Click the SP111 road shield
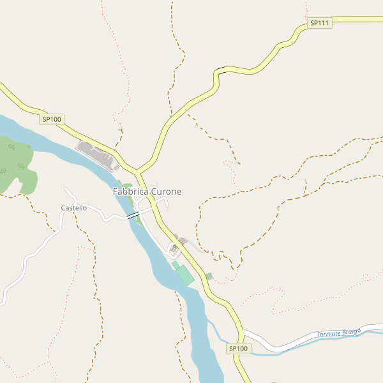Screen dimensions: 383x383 coord(319,23)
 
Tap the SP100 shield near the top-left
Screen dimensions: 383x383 coord(52,119)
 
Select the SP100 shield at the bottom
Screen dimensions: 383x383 coord(238,349)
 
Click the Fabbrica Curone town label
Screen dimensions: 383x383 coord(147,191)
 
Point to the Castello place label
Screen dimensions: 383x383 coord(73,208)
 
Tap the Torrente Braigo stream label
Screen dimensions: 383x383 coord(339,333)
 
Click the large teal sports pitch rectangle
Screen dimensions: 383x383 coord(184,275)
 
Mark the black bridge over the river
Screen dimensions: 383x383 coord(133,216)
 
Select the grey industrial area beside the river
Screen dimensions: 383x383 coord(98,155)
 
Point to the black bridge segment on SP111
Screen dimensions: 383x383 coord(221,69)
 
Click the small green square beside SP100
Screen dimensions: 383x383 coord(209,276)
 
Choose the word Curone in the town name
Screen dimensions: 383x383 coord(166,191)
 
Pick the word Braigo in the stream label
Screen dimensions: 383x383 coord(351,331)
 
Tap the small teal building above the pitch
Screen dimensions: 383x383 coord(176,265)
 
